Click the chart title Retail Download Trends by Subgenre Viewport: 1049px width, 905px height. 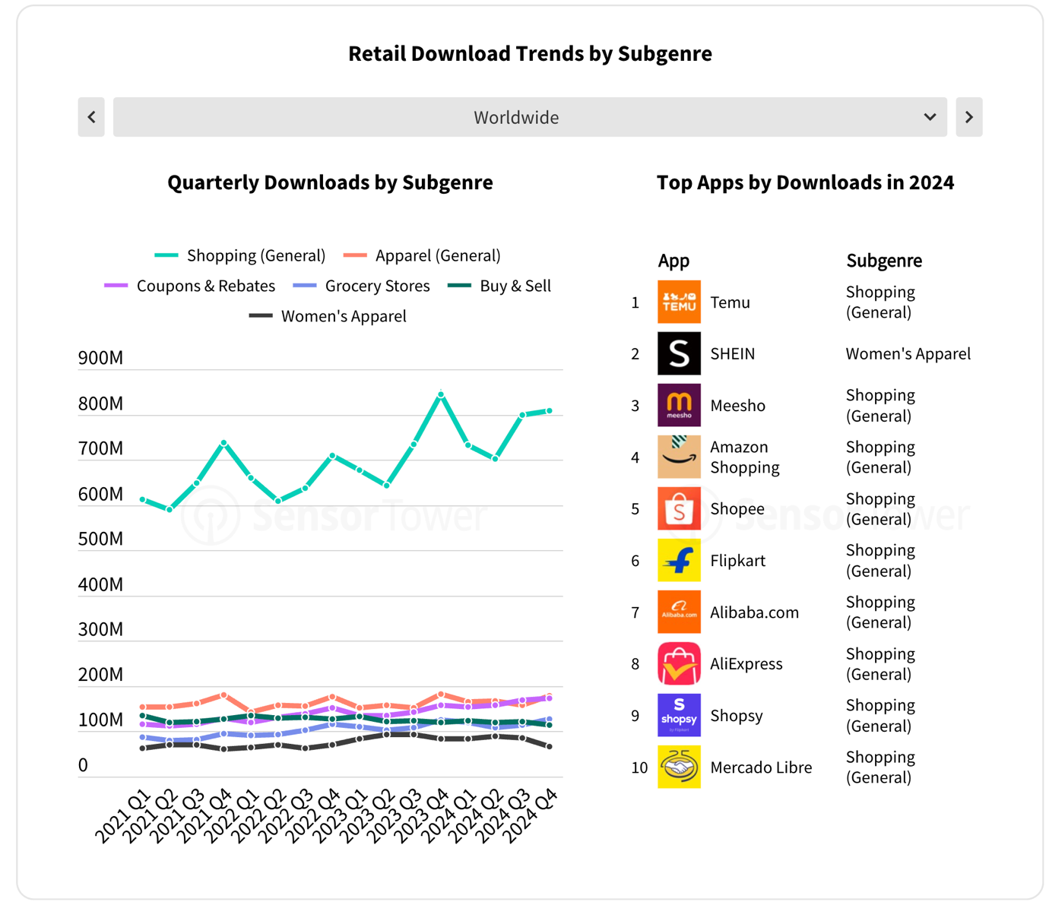(530, 54)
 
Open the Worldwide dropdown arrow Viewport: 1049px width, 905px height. (929, 117)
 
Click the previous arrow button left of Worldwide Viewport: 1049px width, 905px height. (91, 117)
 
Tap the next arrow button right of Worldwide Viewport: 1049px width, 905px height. (968, 117)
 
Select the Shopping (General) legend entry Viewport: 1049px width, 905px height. (240, 255)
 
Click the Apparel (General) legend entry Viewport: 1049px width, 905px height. (422, 255)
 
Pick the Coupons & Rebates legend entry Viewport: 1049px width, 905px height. (190, 286)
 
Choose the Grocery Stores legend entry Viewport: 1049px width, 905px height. (362, 286)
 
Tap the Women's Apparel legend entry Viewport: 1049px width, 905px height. (328, 316)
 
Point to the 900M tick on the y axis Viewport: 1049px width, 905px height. (100, 358)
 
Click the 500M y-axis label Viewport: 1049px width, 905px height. (100, 539)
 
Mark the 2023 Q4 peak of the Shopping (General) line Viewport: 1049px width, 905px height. (441, 394)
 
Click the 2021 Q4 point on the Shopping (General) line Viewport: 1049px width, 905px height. (223, 442)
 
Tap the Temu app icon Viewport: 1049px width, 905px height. (679, 302)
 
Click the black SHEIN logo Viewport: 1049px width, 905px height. (679, 353)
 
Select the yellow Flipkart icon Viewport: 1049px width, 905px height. (679, 560)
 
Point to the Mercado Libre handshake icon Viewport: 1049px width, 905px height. (679, 767)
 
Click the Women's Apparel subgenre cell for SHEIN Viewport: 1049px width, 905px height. (908, 353)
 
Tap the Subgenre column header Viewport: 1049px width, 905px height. (884, 261)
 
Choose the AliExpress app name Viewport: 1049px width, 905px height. (746, 663)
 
